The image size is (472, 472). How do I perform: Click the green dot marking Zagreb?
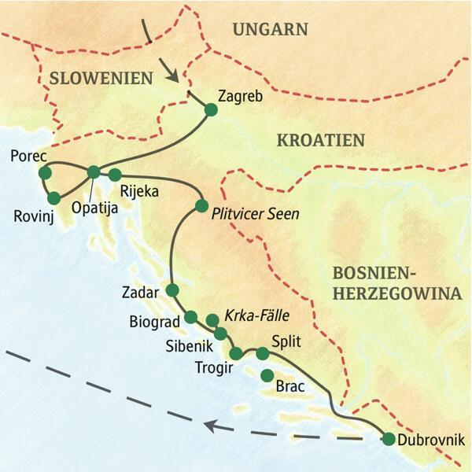pyautogui.click(x=210, y=109)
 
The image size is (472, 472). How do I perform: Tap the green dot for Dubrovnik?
pyautogui.click(x=388, y=439)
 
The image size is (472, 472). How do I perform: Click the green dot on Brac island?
pyautogui.click(x=267, y=374)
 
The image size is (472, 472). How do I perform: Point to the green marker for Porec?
pyautogui.click(x=44, y=172)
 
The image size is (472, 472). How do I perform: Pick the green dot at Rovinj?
pyautogui.click(x=53, y=197)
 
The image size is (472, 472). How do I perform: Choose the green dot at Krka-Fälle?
pyautogui.click(x=212, y=319)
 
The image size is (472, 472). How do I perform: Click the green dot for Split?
pyautogui.click(x=263, y=353)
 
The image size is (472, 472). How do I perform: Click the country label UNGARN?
pyautogui.click(x=270, y=30)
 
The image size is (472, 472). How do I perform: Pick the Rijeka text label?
pyautogui.click(x=140, y=190)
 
